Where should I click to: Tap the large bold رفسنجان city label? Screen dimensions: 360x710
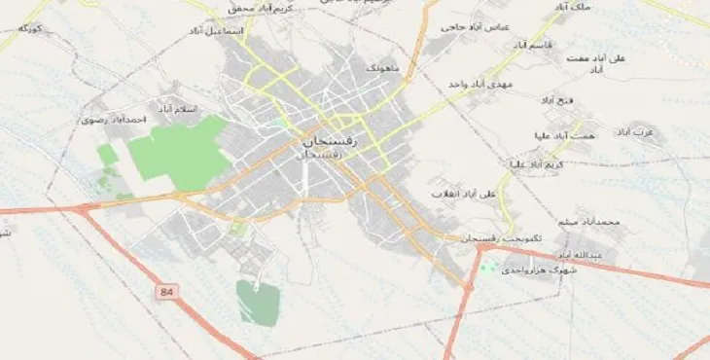coord(324,142)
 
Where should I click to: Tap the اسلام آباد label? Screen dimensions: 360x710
coord(181,108)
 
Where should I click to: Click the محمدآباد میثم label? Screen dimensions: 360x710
coord(596,223)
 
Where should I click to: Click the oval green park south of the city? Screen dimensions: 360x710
coord(257,301)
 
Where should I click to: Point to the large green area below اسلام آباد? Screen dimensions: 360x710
coord(181,153)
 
